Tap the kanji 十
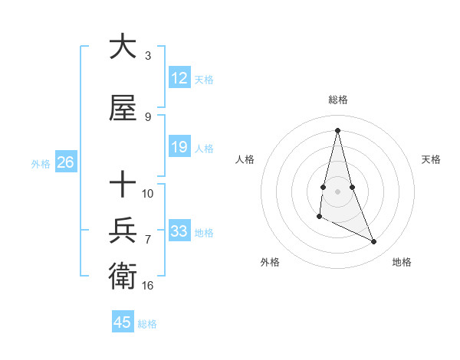[x=123, y=185]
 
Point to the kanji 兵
[x=123, y=230]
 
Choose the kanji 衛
[x=123, y=273]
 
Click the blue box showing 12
[x=179, y=78]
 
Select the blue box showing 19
[x=179, y=147]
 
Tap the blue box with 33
[x=179, y=231]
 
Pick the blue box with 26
[x=65, y=162]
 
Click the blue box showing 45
[x=123, y=322]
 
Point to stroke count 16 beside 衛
[x=148, y=285]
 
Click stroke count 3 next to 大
[x=148, y=55]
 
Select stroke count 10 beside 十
[x=148, y=193]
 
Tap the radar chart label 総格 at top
[x=338, y=100]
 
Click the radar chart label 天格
[x=432, y=159]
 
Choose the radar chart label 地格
[x=402, y=262]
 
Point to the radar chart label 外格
[x=270, y=262]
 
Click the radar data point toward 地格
[x=374, y=242]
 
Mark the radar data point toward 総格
[x=337, y=129]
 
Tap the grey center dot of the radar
[x=337, y=190]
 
